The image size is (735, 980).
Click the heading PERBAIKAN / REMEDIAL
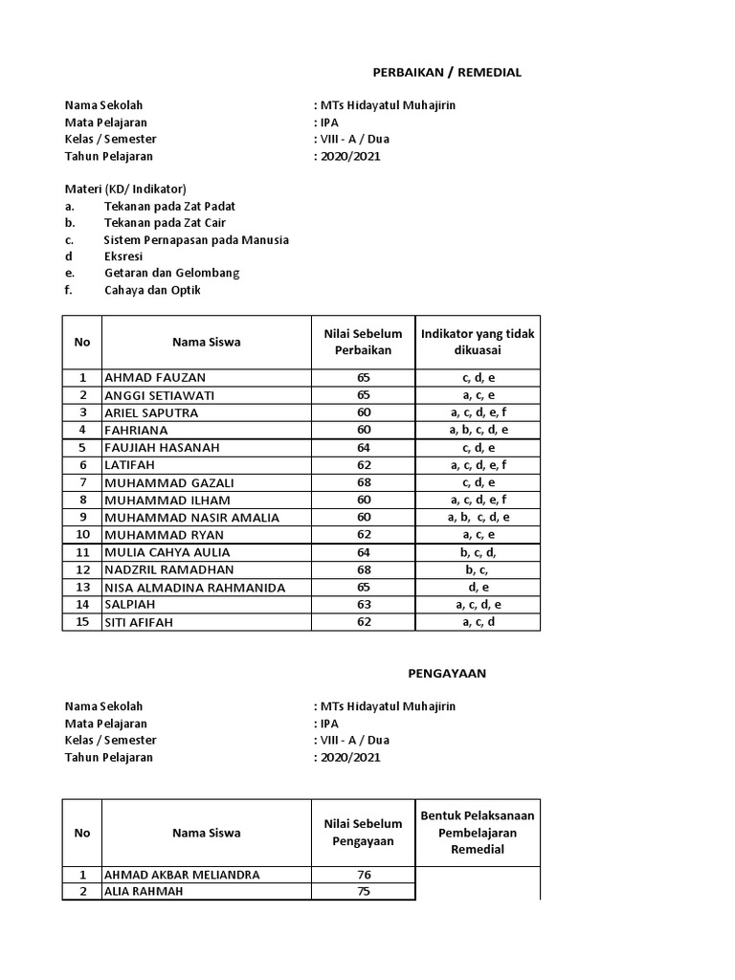click(x=447, y=73)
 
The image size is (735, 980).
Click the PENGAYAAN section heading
click(x=447, y=673)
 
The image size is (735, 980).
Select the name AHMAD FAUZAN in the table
click(x=155, y=378)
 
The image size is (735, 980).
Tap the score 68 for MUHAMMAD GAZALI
click(x=364, y=482)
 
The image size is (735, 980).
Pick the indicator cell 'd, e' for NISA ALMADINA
click(x=478, y=587)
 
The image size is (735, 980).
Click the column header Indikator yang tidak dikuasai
click(x=478, y=342)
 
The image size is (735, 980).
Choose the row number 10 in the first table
click(x=82, y=534)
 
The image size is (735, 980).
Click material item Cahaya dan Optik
click(x=153, y=291)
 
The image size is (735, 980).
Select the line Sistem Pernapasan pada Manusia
click(x=196, y=239)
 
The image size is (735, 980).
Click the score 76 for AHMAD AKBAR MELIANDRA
click(x=364, y=874)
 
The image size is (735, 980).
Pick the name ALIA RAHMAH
click(x=145, y=891)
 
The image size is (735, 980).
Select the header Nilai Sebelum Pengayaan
click(x=364, y=833)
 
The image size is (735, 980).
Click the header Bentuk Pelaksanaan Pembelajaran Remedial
click(x=478, y=833)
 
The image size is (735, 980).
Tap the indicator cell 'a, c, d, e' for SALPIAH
click(x=478, y=604)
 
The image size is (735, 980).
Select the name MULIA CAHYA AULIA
click(x=167, y=552)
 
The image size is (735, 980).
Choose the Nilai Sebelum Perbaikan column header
click(x=364, y=342)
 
